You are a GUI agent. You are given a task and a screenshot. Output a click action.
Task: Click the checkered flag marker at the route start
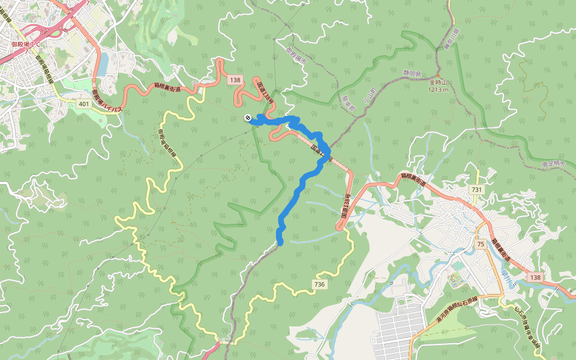coord(247,118)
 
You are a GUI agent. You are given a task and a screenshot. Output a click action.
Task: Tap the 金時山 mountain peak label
coord(439,83)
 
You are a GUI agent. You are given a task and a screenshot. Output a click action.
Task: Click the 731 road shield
coord(477,190)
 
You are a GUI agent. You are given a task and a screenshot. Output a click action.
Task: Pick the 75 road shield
coord(481,244)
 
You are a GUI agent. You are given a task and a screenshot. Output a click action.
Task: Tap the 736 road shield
coord(319,284)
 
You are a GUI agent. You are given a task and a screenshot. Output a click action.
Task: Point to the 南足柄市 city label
coord(553,163)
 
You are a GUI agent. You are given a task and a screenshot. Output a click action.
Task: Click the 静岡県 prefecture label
coord(412,72)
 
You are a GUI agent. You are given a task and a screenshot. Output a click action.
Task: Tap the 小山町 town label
coord(366,96)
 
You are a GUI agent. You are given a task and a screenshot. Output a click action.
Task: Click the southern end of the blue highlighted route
coord(280,242)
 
